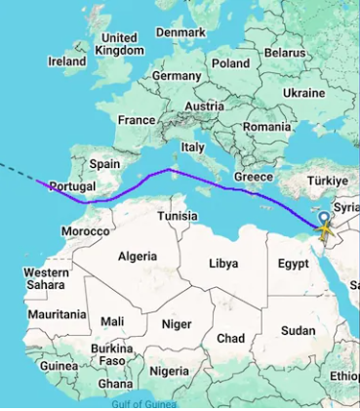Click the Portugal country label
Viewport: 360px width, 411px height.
tap(72, 185)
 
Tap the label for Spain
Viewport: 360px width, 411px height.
tap(103, 164)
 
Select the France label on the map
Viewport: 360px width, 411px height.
tap(137, 120)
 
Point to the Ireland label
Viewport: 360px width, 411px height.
tap(66, 61)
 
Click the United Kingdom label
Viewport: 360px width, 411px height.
tap(121, 44)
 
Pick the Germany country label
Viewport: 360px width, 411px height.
tap(177, 75)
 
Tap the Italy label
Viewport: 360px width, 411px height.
tap(193, 146)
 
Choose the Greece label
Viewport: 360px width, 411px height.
tap(254, 177)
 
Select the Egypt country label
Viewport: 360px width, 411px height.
tap(293, 264)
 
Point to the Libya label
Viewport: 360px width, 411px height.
tap(223, 264)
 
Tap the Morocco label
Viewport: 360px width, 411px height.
tap(86, 231)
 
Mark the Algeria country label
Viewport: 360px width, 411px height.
tap(137, 256)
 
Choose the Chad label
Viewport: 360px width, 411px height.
tap(230, 338)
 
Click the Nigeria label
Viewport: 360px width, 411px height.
tap(169, 371)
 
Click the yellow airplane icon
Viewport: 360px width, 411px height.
tap(324, 231)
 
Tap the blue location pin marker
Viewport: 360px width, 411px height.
tap(324, 223)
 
